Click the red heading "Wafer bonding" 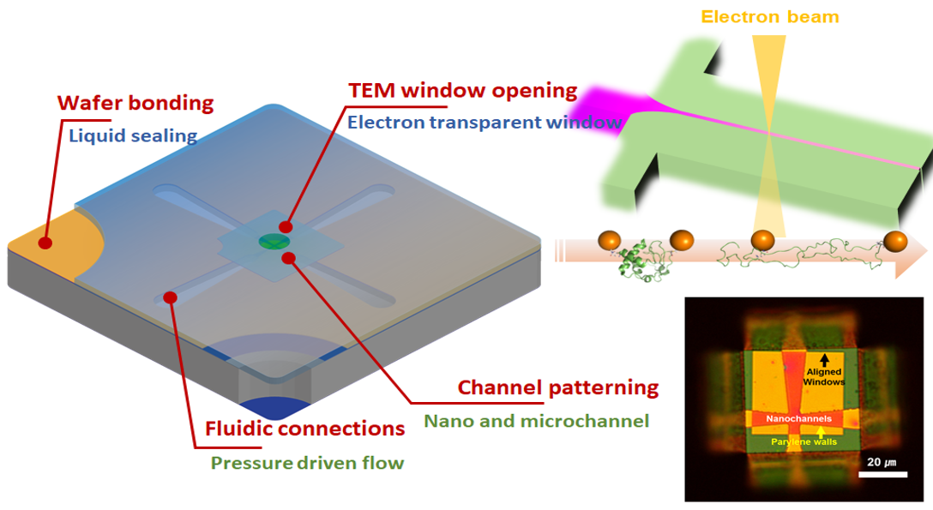pyautogui.click(x=135, y=104)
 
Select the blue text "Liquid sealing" pyautogui.click(x=133, y=135)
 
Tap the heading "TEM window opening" pyautogui.click(x=463, y=90)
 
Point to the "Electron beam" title pyautogui.click(x=770, y=16)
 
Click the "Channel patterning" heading pyautogui.click(x=557, y=387)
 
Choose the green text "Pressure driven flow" pyautogui.click(x=307, y=464)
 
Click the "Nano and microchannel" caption pyautogui.click(x=537, y=421)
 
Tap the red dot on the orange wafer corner pyautogui.click(x=45, y=243)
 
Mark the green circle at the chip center pyautogui.click(x=273, y=242)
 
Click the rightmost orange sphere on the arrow pyautogui.click(x=895, y=242)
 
